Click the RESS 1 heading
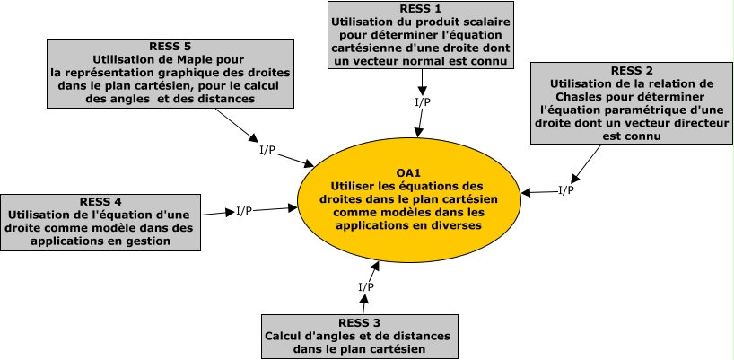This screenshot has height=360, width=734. tap(420, 8)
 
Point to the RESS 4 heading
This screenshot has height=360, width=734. tap(100, 201)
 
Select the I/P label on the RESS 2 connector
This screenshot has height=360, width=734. tap(566, 189)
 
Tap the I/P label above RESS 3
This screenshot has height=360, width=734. tap(366, 286)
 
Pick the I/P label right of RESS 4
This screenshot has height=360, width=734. tap(244, 211)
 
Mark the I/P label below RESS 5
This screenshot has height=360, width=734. tap(267, 149)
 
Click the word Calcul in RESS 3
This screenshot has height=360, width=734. tap(284, 336)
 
